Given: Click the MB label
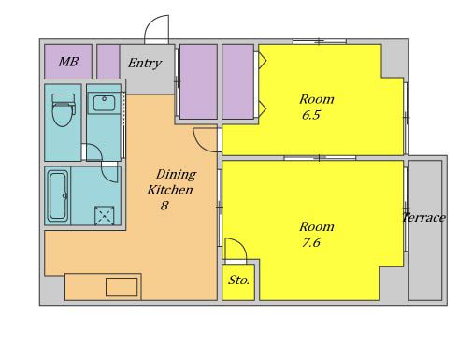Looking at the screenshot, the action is (x=68, y=62).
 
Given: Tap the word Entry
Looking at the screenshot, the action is (x=145, y=64).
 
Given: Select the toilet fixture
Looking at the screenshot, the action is (x=64, y=109).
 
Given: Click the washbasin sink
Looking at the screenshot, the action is (x=104, y=103).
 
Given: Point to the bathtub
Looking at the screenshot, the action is (x=58, y=196).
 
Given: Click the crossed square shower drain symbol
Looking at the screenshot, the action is (x=104, y=215).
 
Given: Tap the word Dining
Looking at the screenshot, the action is (x=176, y=175).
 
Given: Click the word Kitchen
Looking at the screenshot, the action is (x=170, y=190).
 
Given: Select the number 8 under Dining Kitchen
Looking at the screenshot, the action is (x=164, y=206).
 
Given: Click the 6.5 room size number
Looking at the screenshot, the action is (x=310, y=115).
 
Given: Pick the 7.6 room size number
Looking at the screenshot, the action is (x=310, y=242).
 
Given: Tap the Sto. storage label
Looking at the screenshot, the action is (x=239, y=281).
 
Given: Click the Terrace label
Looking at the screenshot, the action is (x=423, y=218).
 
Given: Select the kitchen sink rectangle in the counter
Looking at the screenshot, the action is (x=122, y=287).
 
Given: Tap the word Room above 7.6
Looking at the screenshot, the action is (x=317, y=227).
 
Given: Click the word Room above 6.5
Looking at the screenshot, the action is (x=317, y=99).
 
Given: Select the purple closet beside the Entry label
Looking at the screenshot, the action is (x=108, y=62).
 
